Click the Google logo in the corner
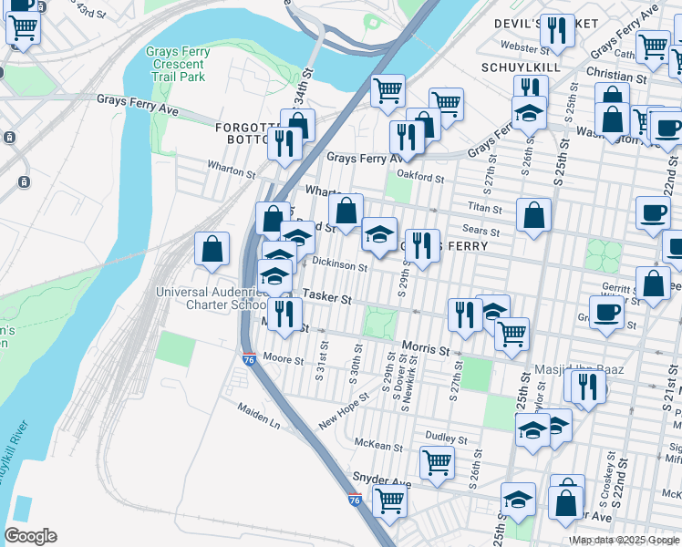(x=30, y=536)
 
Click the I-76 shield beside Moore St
(x=248, y=360)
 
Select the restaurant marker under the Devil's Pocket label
(x=556, y=31)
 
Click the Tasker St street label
(x=326, y=295)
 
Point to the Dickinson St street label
(x=339, y=267)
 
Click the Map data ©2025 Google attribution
(x=625, y=540)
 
